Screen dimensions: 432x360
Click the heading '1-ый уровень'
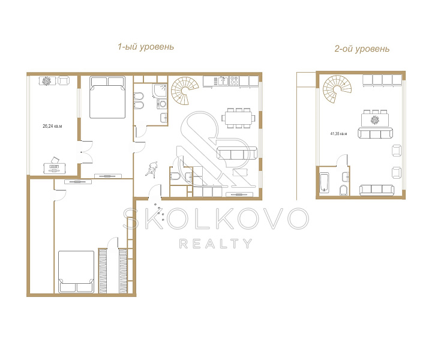click(146, 47)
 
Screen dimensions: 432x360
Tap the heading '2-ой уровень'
click(362, 49)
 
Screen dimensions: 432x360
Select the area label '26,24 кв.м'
click(52, 126)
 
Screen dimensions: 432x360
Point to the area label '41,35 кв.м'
click(338, 134)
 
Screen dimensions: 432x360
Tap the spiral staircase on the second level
click(337, 89)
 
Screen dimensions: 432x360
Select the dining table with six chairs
click(239, 118)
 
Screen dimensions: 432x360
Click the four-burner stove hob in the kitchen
click(235, 80)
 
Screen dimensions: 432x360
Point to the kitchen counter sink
click(223, 81)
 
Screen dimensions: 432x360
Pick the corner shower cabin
click(160, 91)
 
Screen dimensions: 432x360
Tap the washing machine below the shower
click(162, 104)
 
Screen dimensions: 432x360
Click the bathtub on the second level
click(325, 182)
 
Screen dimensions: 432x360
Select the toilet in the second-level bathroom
click(344, 190)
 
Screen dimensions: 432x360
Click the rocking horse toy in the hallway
click(151, 169)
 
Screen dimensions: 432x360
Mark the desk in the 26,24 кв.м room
click(55, 168)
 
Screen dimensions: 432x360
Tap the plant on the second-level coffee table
click(374, 120)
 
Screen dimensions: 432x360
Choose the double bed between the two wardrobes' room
click(77, 272)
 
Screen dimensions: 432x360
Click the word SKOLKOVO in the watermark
click(216, 218)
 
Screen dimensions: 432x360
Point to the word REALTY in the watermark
click(216, 244)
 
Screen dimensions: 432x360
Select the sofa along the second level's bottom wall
click(377, 190)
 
